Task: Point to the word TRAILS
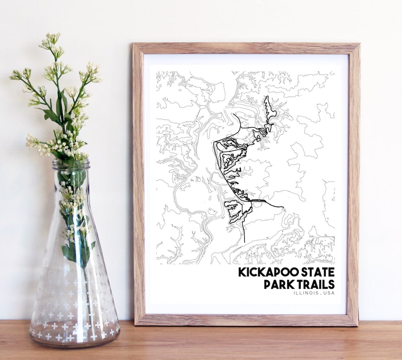316,284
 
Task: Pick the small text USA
329,293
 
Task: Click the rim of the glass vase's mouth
71,164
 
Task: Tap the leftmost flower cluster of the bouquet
16,75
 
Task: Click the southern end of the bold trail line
244,241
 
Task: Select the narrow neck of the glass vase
71,186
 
